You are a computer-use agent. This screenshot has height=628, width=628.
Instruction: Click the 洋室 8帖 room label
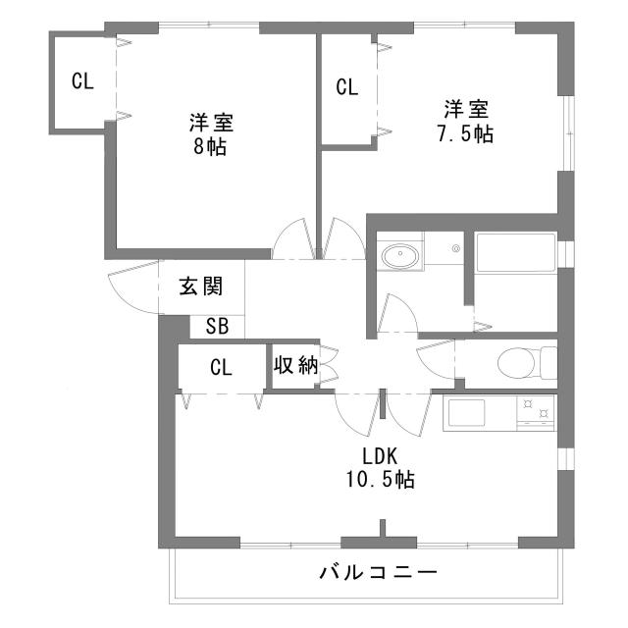click(211, 135)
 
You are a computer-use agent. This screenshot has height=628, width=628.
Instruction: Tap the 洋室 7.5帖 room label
click(465, 121)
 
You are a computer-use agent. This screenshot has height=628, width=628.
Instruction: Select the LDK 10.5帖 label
click(379, 468)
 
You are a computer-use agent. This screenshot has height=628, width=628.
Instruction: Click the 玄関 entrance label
click(200, 287)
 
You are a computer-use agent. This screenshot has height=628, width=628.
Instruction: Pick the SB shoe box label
click(217, 327)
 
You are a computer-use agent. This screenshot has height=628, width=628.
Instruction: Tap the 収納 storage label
click(294, 366)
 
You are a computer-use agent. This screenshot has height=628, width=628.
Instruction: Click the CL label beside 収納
click(221, 368)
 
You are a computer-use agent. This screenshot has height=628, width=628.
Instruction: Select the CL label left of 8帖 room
click(82, 82)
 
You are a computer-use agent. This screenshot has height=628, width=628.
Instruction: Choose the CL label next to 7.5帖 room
click(346, 87)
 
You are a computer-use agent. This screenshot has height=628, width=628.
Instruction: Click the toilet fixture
click(520, 364)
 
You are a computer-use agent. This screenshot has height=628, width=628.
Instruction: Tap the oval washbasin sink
click(399, 257)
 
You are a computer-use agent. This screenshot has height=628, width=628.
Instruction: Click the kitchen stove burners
click(535, 412)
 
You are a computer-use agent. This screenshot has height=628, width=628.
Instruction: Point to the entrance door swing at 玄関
click(132, 288)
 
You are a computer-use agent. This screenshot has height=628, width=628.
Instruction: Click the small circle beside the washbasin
click(456, 249)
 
